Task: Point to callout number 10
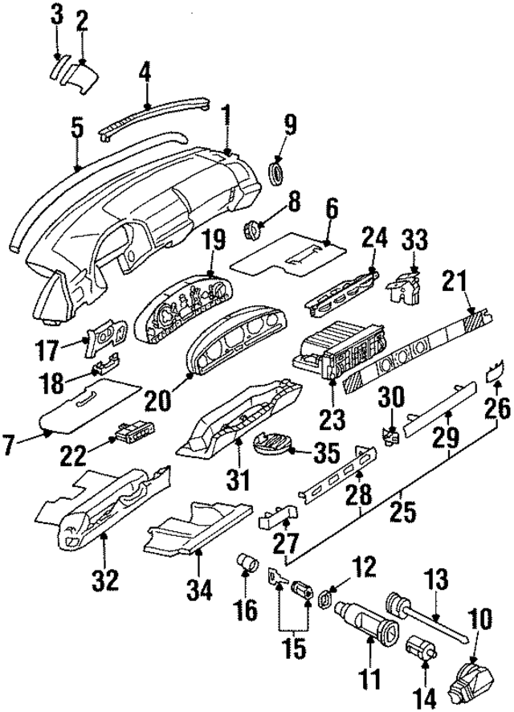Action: [x=483, y=619]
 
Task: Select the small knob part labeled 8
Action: [x=251, y=230]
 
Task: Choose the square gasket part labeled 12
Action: [x=325, y=599]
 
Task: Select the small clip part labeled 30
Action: [x=390, y=436]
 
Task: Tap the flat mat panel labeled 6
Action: [x=285, y=255]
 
